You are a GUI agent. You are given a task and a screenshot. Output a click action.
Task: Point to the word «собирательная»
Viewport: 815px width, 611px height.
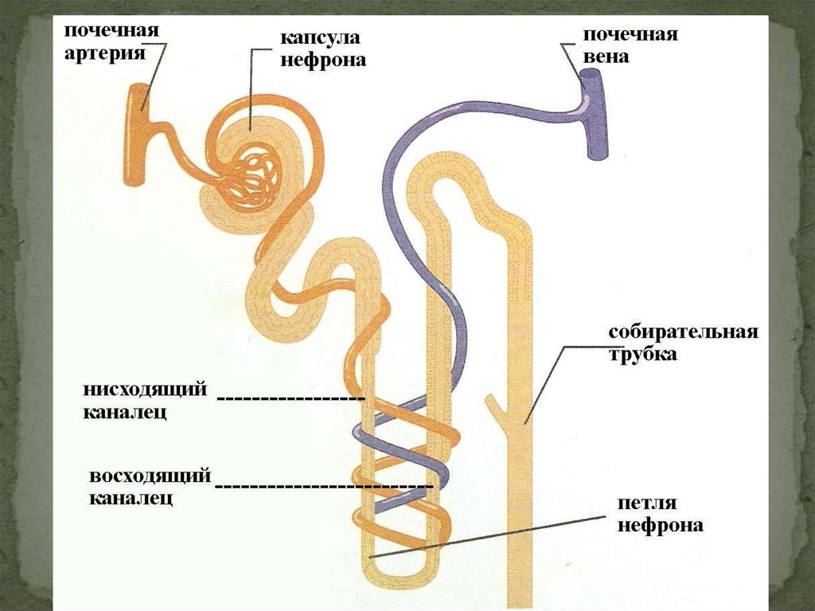pyautogui.click(x=683, y=331)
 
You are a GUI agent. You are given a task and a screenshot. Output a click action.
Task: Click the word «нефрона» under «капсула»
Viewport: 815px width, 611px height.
pyautogui.click(x=323, y=60)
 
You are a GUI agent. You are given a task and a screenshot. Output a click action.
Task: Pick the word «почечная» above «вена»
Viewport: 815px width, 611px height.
pyautogui.click(x=630, y=35)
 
